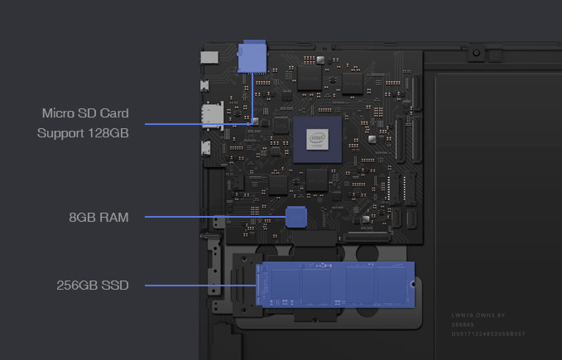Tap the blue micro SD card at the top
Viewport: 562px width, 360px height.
click(251, 56)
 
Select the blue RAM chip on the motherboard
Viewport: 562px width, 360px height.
click(296, 218)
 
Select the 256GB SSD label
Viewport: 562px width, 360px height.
click(92, 286)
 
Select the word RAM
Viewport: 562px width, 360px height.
click(113, 218)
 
